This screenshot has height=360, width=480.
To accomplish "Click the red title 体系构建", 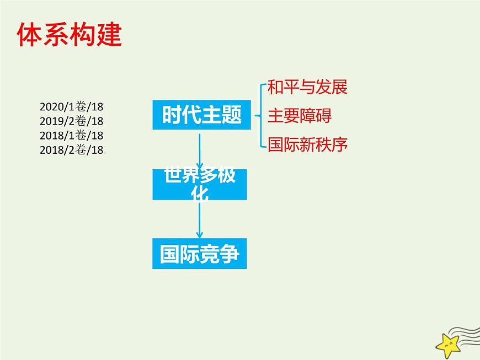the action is pos(69,35).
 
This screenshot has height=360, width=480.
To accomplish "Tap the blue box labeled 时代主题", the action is pos(199,115).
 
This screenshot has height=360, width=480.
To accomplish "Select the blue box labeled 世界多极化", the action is pos(199,184).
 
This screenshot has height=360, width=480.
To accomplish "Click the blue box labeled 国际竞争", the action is pos(199,254).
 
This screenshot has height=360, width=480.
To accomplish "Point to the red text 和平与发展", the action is pos(307,87).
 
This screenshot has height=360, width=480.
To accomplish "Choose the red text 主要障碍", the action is pos(300,116).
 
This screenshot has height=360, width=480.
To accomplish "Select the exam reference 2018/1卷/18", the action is pos(72,136).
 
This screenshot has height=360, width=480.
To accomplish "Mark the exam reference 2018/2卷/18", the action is pos(72,150).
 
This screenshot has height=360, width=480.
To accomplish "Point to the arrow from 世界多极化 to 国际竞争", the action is pos(199,219).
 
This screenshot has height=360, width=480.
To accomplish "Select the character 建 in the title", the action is pos(108,35).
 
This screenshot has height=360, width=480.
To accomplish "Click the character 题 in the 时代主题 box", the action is pos(232,115).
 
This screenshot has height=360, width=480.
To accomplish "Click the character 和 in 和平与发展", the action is pos(275,87).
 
